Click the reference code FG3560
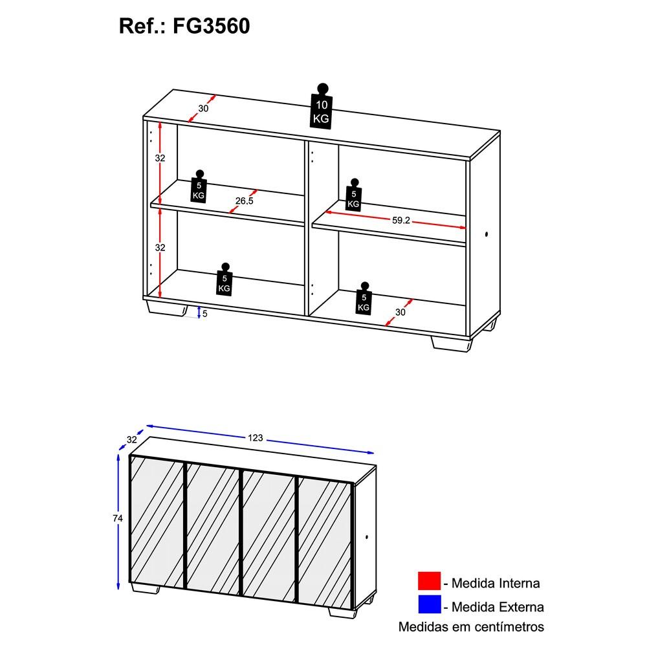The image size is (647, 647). pyautogui.click(x=211, y=26)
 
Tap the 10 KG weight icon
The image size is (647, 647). pyautogui.click(x=322, y=106)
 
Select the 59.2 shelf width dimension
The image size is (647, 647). pyautogui.click(x=400, y=221)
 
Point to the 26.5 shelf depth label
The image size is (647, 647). pyautogui.click(x=245, y=201)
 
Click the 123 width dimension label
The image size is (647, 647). pyautogui.click(x=256, y=438)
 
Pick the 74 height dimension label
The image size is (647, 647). pyautogui.click(x=118, y=518)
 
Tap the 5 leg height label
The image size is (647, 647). pyautogui.click(x=204, y=314)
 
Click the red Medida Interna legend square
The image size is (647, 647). pyautogui.click(x=429, y=580)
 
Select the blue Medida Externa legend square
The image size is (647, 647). pyautogui.click(x=429, y=604)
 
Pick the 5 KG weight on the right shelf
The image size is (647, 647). pyautogui.click(x=354, y=195)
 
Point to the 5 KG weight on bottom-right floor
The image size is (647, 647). pyautogui.click(x=364, y=298)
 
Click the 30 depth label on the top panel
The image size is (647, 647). pyautogui.click(x=203, y=109)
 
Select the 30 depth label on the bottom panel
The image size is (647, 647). pyautogui.click(x=400, y=313)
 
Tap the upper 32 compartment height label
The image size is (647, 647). pyautogui.click(x=160, y=158)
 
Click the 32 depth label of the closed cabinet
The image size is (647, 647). pyautogui.click(x=131, y=440)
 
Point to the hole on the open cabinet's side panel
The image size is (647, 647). pyautogui.click(x=487, y=234)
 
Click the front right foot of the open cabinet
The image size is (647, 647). pyautogui.click(x=451, y=344)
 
